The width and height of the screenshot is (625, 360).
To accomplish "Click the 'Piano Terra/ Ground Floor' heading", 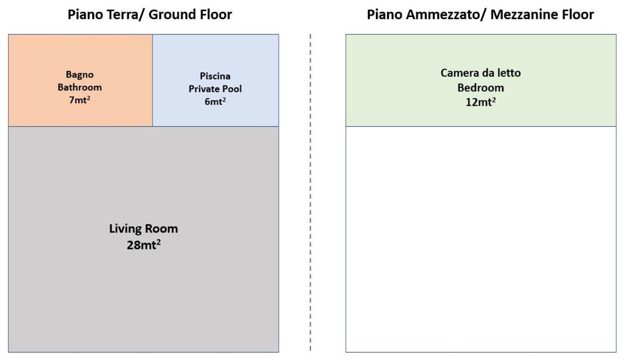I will (150, 15).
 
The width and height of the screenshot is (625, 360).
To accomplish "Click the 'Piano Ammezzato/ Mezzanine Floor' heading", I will (480, 15).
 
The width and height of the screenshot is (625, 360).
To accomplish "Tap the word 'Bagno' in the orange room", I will (80, 75).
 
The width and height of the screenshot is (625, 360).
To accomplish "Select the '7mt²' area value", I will (79, 100).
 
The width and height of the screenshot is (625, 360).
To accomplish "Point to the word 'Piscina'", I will (215, 76).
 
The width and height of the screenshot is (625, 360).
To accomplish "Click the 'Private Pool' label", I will (215, 89).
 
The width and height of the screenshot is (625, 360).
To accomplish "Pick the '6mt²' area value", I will (215, 102).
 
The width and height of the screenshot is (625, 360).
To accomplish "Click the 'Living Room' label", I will (143, 229).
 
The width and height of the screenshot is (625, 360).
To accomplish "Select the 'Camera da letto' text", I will (480, 73).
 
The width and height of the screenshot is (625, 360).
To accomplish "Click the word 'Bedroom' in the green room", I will (480, 88).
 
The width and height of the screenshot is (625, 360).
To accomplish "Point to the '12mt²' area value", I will (480, 102).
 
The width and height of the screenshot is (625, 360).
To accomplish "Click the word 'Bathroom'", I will (80, 87).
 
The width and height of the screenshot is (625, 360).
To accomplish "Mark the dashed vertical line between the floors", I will (310, 192).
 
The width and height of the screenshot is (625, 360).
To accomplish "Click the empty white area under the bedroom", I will (480, 240).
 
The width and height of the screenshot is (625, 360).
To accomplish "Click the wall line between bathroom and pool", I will (153, 80).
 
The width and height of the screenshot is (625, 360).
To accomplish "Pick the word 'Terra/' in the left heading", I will (124, 15).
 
